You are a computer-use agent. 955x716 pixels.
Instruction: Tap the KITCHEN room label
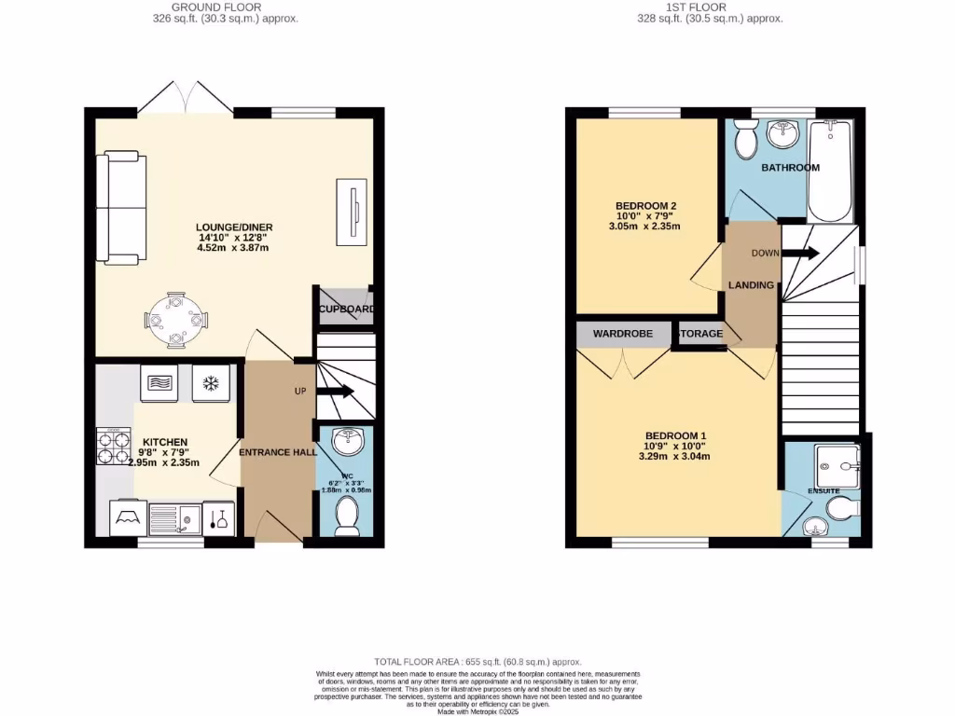point(165,442)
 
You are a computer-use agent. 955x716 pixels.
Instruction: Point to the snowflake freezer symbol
point(210,382)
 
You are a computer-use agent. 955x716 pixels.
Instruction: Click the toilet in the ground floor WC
point(346,516)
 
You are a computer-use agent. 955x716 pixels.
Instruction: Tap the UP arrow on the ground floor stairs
point(333,392)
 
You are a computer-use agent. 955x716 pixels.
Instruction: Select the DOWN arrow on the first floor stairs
point(800,253)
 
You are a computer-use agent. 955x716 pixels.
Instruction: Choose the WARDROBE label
point(622,334)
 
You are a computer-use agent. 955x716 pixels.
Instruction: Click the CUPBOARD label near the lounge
point(346,310)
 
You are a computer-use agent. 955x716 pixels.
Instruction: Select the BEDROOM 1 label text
point(676,435)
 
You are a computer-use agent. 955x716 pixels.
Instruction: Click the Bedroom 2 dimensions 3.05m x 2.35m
point(644,227)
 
